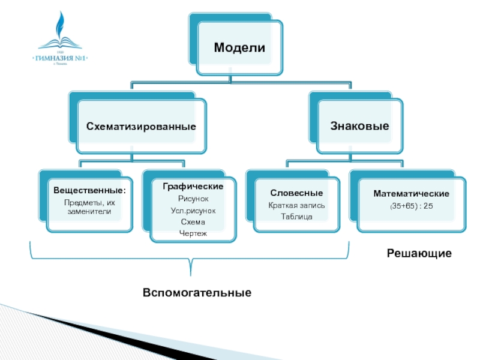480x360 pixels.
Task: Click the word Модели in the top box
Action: (x=239, y=47)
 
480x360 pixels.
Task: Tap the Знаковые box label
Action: (x=359, y=126)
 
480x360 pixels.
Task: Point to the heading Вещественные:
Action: (x=90, y=191)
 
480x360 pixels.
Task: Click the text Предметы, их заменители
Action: (x=90, y=206)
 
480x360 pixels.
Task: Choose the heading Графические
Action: (x=193, y=187)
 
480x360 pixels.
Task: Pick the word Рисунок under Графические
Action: (x=193, y=199)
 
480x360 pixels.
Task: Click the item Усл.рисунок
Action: (x=193, y=211)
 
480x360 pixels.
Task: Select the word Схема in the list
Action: (x=193, y=222)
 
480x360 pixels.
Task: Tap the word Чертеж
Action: (x=193, y=233)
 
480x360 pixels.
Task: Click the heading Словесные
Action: (x=296, y=193)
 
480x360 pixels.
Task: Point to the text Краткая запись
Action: (x=296, y=205)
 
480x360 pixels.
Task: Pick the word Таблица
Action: (x=296, y=217)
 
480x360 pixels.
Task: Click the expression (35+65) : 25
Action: (x=412, y=206)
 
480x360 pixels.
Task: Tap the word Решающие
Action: (x=419, y=254)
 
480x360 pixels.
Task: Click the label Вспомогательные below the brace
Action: (x=197, y=293)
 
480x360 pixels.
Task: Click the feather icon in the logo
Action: (x=61, y=27)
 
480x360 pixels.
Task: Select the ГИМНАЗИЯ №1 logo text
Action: (x=60, y=58)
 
